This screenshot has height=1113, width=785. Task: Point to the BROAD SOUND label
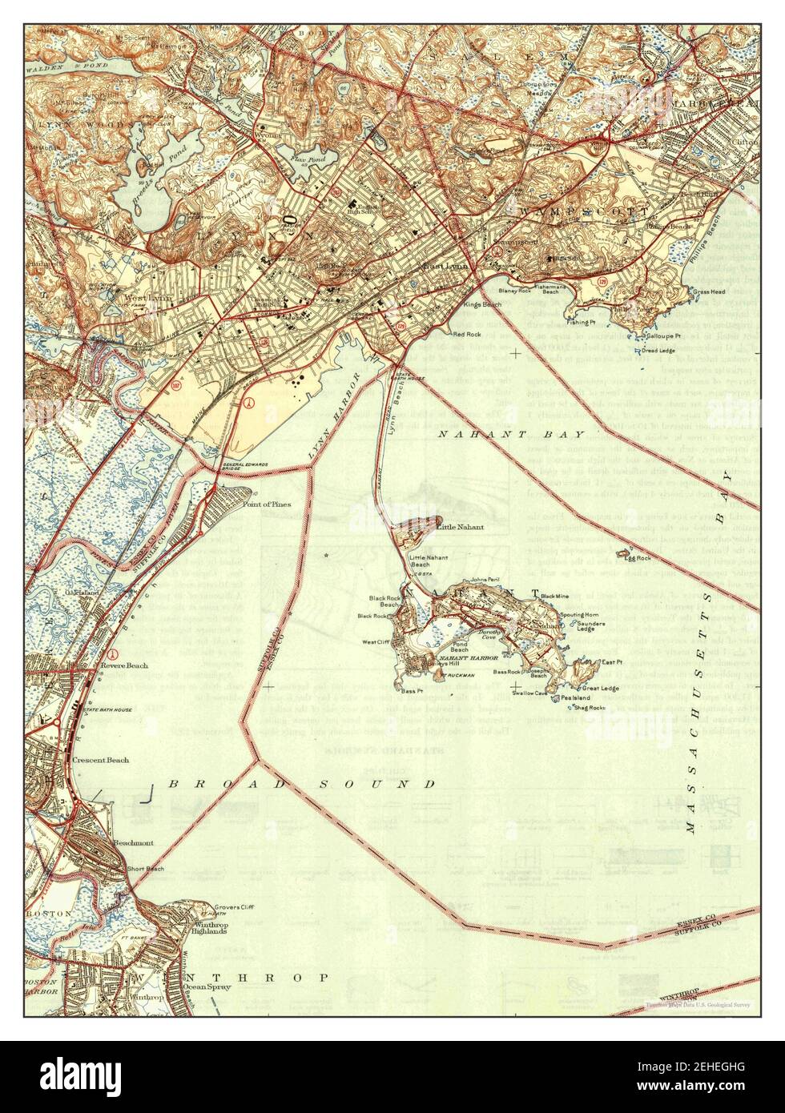coord(302,784)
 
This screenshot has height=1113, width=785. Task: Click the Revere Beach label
coord(124,665)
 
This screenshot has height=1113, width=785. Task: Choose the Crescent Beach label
coord(100,759)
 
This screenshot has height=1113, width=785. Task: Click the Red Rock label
coord(466,334)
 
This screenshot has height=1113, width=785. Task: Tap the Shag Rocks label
coord(590,708)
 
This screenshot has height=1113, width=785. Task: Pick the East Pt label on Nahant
coord(612,662)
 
